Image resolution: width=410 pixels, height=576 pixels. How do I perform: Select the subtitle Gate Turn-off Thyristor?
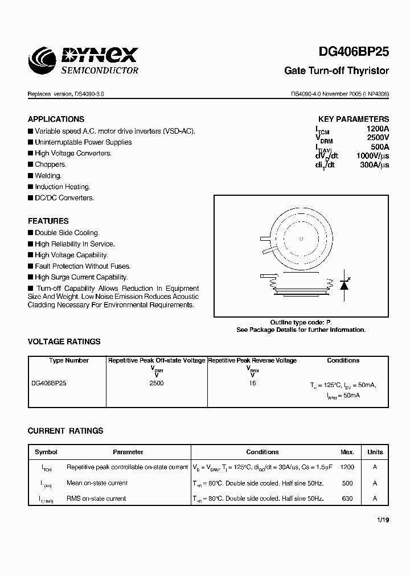[337, 71]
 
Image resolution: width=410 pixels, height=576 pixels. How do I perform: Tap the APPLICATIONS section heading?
[56, 119]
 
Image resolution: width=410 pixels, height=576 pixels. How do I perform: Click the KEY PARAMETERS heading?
[353, 120]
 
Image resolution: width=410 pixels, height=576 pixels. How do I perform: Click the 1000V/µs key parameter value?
[372, 156]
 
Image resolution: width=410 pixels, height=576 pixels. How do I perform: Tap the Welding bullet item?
[48, 176]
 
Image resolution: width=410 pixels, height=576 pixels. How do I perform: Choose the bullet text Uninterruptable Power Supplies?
[83, 142]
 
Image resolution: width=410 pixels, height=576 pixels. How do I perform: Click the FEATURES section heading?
[48, 221]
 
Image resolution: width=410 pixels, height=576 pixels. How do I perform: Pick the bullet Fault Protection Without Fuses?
[83, 266]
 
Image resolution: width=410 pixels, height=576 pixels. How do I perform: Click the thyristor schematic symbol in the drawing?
[343, 285]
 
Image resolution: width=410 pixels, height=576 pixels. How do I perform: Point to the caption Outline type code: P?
[301, 322]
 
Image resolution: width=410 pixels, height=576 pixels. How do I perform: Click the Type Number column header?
[69, 360]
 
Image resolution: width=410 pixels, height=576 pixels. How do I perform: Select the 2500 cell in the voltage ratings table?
[157, 383]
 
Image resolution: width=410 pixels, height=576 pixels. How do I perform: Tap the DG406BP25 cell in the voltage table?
[49, 383]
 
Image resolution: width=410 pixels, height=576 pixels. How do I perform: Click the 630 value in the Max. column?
[347, 499]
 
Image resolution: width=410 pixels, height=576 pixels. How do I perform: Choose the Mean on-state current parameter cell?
[97, 483]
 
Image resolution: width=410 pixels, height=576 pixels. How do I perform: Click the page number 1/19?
[383, 520]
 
